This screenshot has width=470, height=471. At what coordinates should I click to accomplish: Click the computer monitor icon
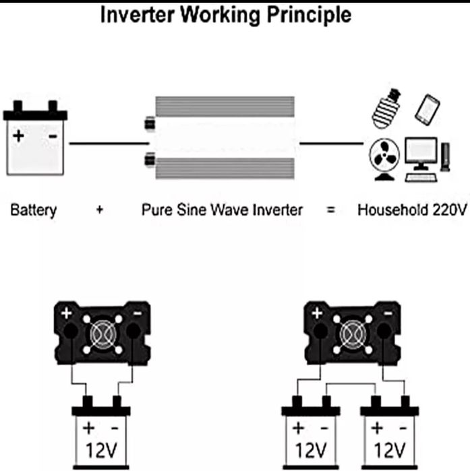click(x=421, y=154)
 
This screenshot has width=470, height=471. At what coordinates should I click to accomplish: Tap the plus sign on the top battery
click(x=19, y=137)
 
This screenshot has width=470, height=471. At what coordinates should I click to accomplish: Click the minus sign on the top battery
click(x=51, y=137)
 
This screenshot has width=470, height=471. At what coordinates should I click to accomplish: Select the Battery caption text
click(x=34, y=210)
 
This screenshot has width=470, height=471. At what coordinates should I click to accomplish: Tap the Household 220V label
click(x=412, y=210)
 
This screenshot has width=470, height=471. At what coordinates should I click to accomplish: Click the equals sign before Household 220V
click(x=330, y=210)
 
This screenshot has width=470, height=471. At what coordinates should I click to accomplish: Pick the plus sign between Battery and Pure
click(x=99, y=210)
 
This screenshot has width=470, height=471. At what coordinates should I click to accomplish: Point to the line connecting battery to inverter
click(x=108, y=144)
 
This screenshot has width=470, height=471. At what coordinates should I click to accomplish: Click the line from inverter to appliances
click(x=330, y=144)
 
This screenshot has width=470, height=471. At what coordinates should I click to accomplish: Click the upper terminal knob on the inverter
click(x=148, y=125)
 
